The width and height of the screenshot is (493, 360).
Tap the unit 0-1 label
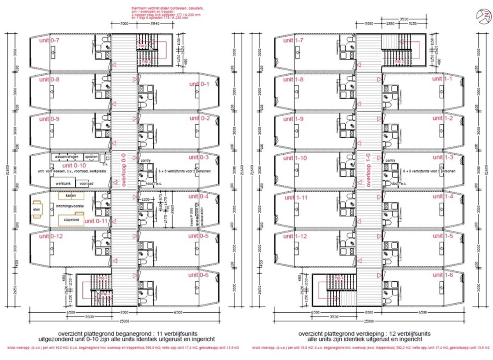tap(199, 84)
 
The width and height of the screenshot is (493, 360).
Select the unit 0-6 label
tap(198, 275)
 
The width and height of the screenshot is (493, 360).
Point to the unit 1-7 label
tap(294, 40)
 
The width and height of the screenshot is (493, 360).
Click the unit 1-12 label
tap(295, 236)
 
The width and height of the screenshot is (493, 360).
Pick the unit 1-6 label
tap(443, 275)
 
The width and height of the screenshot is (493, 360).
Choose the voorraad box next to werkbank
tap(86, 183)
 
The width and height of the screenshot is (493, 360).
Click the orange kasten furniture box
tap(72, 195)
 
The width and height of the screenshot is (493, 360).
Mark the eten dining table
tap(37, 208)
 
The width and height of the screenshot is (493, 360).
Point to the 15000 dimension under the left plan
tap(124, 321)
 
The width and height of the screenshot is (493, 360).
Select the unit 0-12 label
tap(51, 236)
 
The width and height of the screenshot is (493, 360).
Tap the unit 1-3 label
tap(443, 157)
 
